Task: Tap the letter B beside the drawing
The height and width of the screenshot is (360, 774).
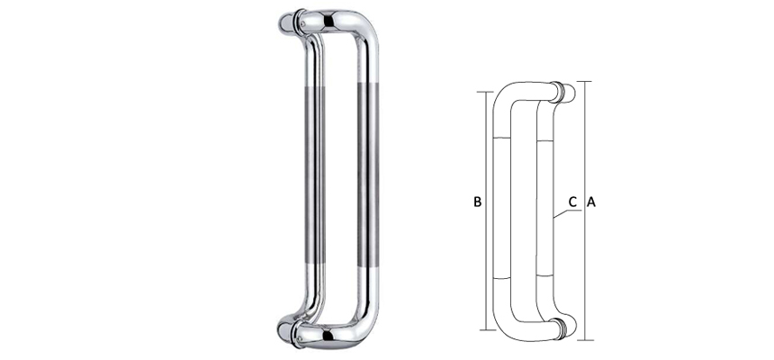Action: (478, 202)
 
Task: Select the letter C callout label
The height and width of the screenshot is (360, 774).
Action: (572, 202)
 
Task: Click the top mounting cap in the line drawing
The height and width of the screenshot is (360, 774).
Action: (563, 91)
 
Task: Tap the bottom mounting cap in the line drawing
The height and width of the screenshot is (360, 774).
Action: (563, 328)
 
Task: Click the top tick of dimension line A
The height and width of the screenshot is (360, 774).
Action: (585, 82)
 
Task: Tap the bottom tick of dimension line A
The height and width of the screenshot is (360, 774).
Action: (585, 340)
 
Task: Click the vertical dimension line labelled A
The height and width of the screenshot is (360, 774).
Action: (585, 270)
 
